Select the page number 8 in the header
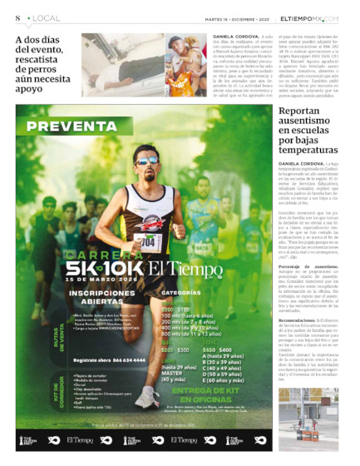pos(17,17)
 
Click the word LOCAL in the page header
pos(47,17)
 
